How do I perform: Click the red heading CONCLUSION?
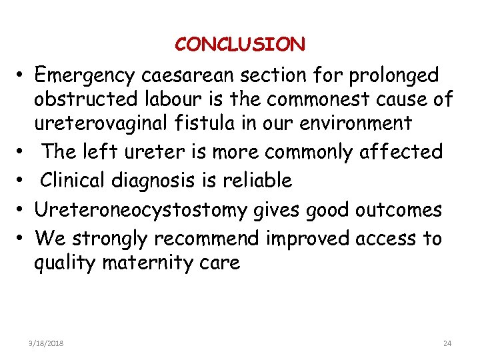240,45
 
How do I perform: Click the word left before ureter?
97,152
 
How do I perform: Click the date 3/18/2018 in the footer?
46,343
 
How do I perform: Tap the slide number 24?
447,343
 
